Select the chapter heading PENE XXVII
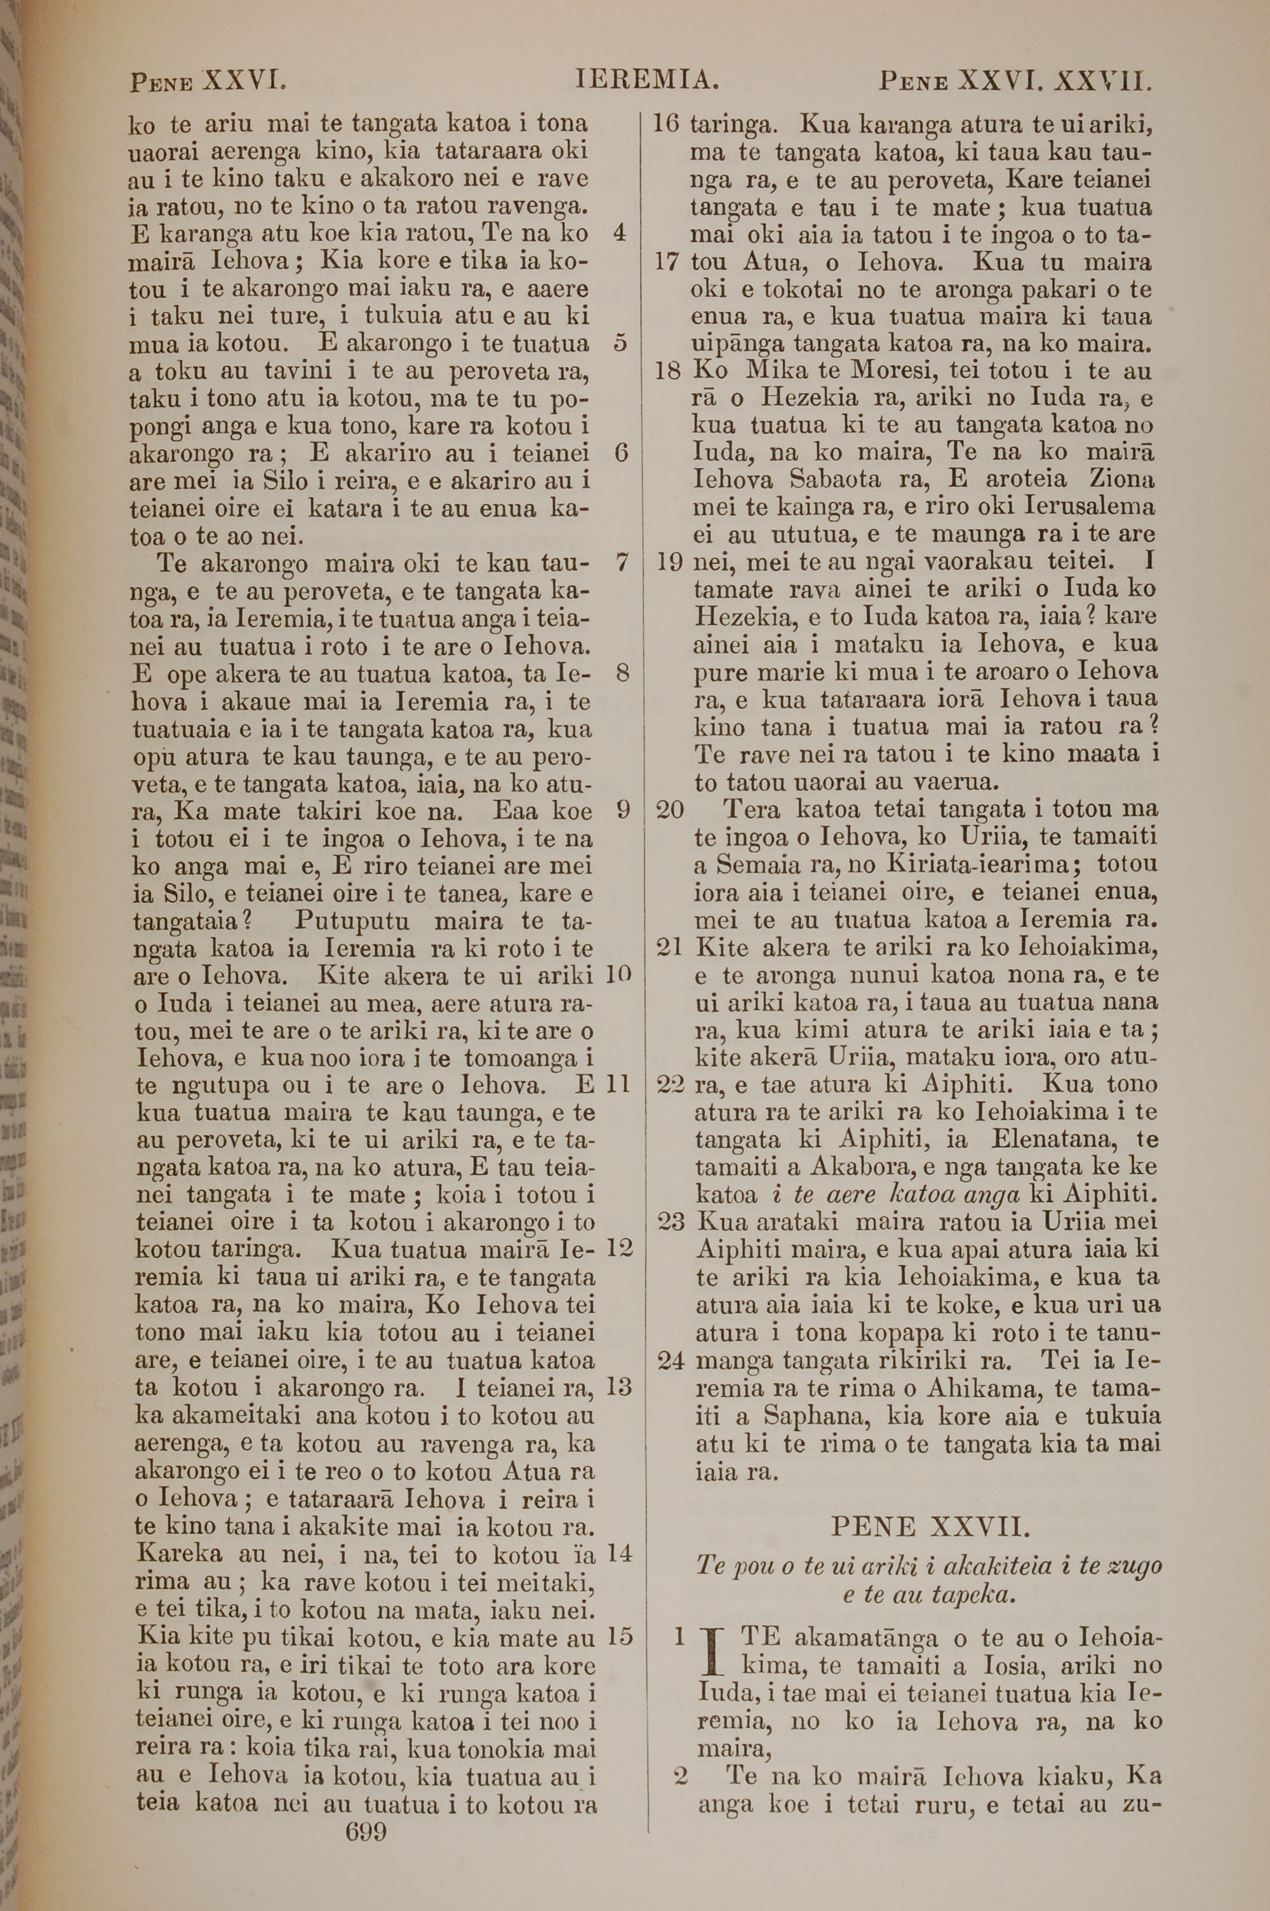click(x=930, y=1528)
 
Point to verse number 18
click(x=667, y=372)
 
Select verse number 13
click(x=618, y=1388)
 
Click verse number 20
click(x=669, y=809)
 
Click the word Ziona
click(x=1122, y=480)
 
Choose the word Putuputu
click(x=352, y=921)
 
